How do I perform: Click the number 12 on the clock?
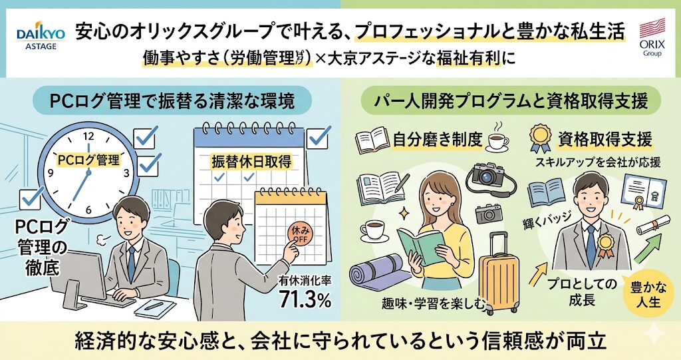(x=87, y=136)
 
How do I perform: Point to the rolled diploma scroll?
(x=653, y=226)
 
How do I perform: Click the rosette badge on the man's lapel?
(x=605, y=244)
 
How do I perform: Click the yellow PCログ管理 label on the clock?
(x=88, y=160)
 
